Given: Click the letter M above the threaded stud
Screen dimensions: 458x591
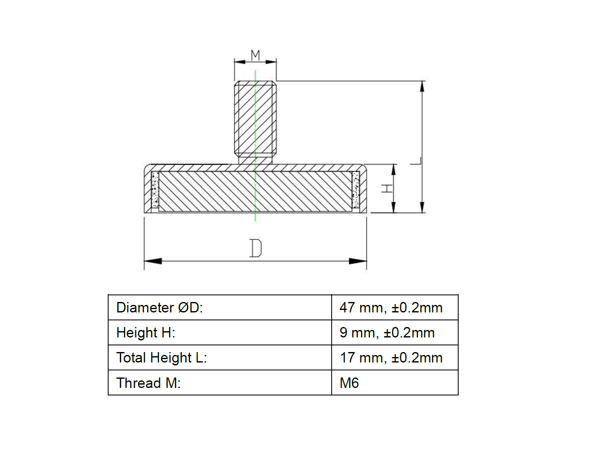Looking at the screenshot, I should pyautogui.click(x=255, y=55).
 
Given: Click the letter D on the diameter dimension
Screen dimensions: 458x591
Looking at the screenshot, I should pyautogui.click(x=255, y=248).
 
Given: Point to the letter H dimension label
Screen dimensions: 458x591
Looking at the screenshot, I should pyautogui.click(x=387, y=189).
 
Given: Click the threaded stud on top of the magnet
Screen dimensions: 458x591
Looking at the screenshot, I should pyautogui.click(x=255, y=117).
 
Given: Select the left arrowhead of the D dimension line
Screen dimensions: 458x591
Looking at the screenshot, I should pyautogui.click(x=153, y=261).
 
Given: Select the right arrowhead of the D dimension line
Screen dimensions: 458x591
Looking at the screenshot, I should pyautogui.click(x=358, y=261).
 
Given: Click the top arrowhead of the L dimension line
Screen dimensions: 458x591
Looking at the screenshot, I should pyautogui.click(x=422, y=87).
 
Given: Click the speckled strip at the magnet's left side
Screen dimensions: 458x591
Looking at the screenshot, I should pyautogui.click(x=155, y=190).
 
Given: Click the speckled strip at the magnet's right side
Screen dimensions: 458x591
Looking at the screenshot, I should pyautogui.click(x=355, y=190).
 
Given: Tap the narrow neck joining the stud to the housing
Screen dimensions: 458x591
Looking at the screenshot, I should pyautogui.click(x=255, y=159).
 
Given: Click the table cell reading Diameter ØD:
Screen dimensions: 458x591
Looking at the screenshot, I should pyautogui.click(x=160, y=308).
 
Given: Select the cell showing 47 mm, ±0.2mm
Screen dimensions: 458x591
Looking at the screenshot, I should pyautogui.click(x=391, y=308).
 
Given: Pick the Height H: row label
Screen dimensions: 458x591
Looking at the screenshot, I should pyautogui.click(x=146, y=333).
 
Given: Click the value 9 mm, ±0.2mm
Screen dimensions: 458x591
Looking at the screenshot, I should pyautogui.click(x=387, y=333).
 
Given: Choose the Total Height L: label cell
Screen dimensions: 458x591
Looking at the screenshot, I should pyautogui.click(x=162, y=358).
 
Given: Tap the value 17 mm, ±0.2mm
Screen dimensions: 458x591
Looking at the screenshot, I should pyautogui.click(x=391, y=358).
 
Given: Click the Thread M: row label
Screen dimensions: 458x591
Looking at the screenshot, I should pyautogui.click(x=149, y=383).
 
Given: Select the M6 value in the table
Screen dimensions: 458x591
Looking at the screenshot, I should pyautogui.click(x=349, y=383).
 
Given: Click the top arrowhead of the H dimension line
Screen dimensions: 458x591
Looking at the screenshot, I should pyautogui.click(x=393, y=169).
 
